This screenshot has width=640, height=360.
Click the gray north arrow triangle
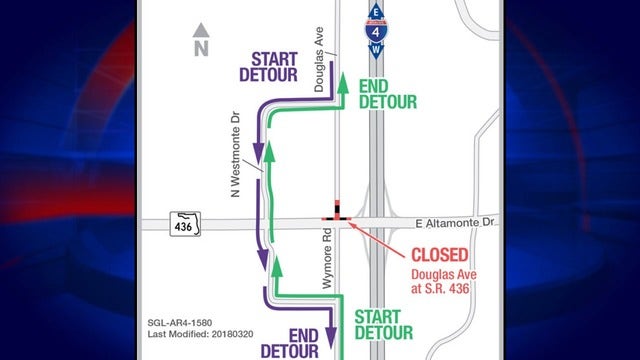click(x=201, y=30)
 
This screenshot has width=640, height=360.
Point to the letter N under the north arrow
click(x=201, y=47)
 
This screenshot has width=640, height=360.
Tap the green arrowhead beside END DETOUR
click(x=342, y=83)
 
